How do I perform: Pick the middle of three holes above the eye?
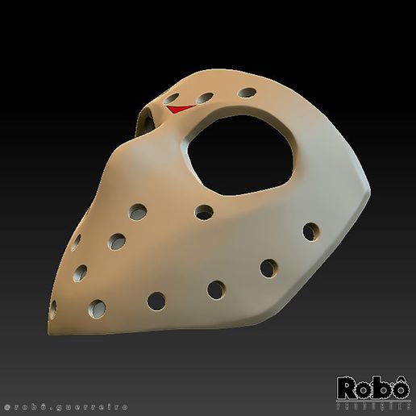point(206,98)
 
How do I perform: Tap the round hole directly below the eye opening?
point(205,213)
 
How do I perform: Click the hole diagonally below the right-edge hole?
point(268,267)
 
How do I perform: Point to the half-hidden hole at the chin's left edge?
point(53,308)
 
